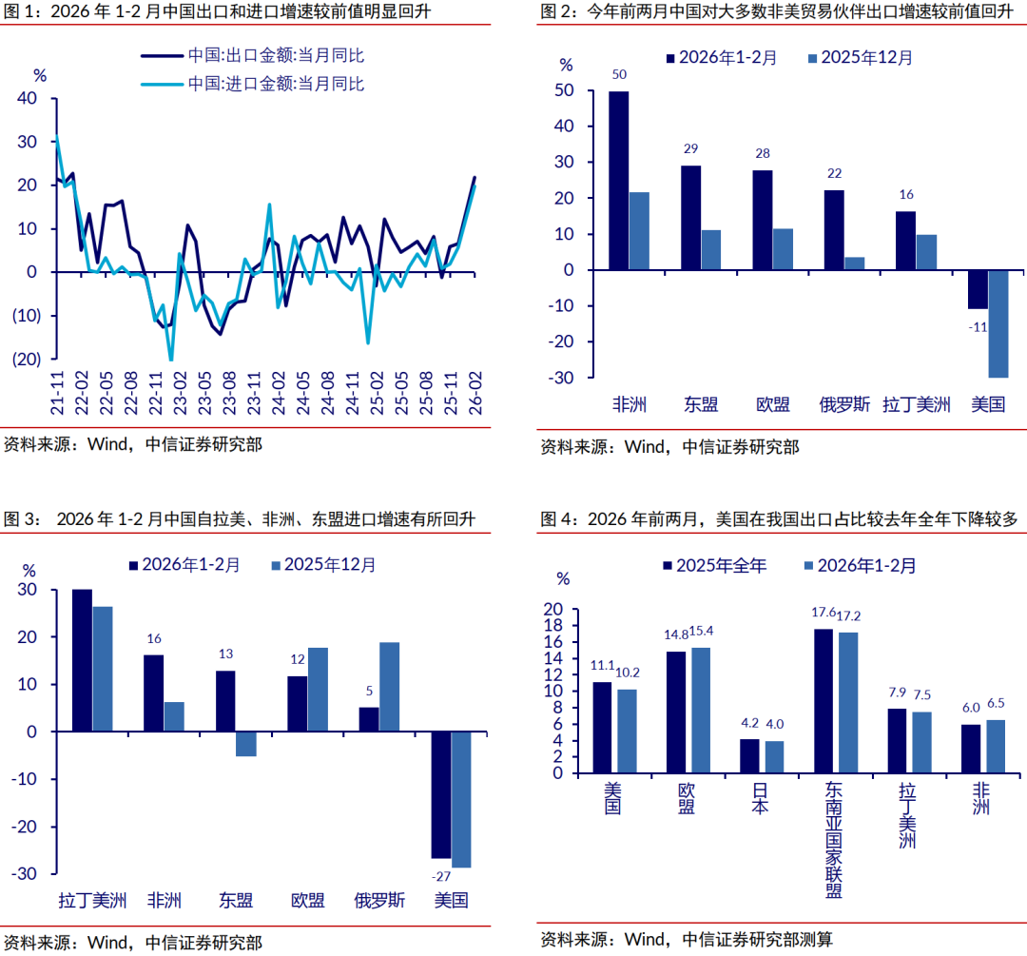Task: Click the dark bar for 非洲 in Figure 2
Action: (x=618, y=181)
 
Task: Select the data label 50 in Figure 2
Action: (x=618, y=75)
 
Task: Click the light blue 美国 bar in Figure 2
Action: (x=998, y=323)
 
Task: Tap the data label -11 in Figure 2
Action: (x=979, y=326)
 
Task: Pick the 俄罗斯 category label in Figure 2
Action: (x=844, y=404)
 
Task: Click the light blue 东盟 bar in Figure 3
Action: (x=246, y=744)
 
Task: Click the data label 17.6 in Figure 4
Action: (x=824, y=613)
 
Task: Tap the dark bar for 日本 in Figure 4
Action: (x=749, y=758)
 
